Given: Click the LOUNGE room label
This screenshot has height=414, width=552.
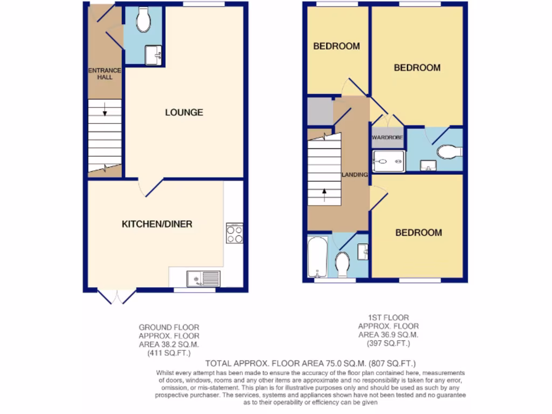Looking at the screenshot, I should click(184, 113).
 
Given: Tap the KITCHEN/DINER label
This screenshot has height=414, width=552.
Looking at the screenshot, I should click(157, 224).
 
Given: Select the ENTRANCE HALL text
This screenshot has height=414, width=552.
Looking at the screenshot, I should click(105, 74).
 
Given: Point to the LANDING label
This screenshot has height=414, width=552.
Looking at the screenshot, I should click(355, 175).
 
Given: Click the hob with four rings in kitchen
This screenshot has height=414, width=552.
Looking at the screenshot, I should click(234, 233).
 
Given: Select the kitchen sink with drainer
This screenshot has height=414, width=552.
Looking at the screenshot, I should click(203, 279).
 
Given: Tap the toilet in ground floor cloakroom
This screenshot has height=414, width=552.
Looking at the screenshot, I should click(143, 20).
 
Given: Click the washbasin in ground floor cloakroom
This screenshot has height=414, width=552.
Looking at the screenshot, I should click(153, 54).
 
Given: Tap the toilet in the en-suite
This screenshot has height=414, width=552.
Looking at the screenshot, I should click(449, 152).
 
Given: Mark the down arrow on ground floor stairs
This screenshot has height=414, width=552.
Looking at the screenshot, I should click(105, 113).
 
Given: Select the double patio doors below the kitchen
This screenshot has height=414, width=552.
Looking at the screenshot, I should click(117, 296).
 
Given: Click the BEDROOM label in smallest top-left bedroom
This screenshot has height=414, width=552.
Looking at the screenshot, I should click(336, 46).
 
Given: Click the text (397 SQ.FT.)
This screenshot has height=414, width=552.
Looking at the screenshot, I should click(388, 343).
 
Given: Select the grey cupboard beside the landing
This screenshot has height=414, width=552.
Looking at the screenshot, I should click(320, 111).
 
